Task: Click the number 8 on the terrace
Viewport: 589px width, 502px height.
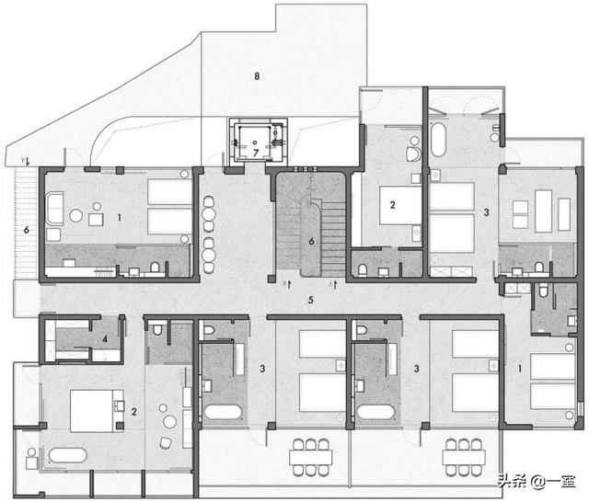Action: (x=257, y=76)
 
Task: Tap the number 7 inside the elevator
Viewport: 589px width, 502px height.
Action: (x=256, y=153)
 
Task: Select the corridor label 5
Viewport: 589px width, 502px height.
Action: (x=311, y=300)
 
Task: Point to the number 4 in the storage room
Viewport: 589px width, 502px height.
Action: (x=105, y=339)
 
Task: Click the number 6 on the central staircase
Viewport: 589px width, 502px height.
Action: (x=311, y=241)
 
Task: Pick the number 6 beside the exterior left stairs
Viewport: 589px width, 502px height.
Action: (x=27, y=229)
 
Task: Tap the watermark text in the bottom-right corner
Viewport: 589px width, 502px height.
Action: (x=537, y=481)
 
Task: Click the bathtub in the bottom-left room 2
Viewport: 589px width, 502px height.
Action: (x=67, y=455)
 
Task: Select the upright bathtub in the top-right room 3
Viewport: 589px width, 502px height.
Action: (x=438, y=139)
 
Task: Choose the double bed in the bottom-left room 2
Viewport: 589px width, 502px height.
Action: (x=97, y=411)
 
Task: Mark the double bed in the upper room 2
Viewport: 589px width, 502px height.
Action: (x=400, y=205)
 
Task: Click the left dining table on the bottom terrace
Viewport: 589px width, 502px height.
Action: (x=311, y=457)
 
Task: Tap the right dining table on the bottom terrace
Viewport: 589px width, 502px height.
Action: (x=464, y=457)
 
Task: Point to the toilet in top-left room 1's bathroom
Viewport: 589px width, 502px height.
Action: (x=155, y=268)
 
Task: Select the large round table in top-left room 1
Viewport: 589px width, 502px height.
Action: (x=75, y=215)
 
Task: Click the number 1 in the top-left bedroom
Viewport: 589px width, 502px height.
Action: (x=119, y=218)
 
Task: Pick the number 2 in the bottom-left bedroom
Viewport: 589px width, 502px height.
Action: (x=134, y=412)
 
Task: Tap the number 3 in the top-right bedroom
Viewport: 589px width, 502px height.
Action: (x=487, y=212)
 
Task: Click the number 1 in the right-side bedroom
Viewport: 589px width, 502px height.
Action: (x=520, y=369)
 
